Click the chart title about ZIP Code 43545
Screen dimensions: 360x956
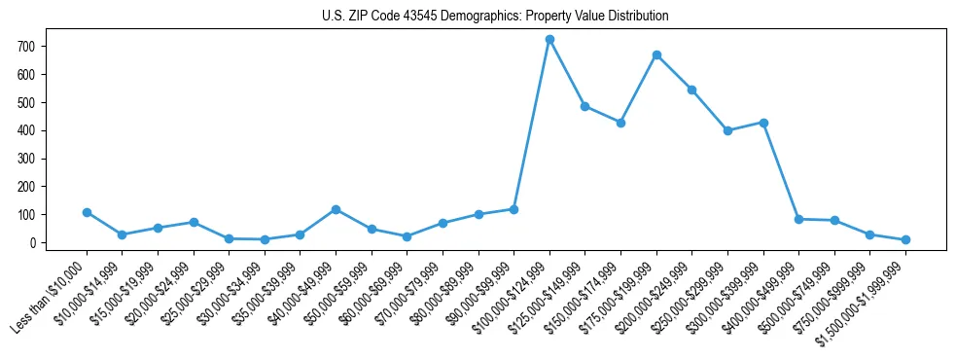coord(495,16)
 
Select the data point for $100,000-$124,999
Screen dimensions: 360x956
coord(549,39)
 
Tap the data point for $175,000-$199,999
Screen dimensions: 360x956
coord(656,54)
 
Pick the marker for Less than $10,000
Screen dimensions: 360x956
coord(87,212)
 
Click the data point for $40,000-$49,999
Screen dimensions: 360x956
coord(336,209)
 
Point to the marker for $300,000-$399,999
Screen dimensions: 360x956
coord(763,123)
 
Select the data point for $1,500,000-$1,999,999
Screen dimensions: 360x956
coord(905,239)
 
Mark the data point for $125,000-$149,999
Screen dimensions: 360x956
coord(585,106)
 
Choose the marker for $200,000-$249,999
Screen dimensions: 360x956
coord(692,90)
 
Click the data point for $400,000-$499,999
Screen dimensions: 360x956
coord(798,219)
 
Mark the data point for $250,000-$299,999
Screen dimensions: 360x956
coord(727,130)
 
